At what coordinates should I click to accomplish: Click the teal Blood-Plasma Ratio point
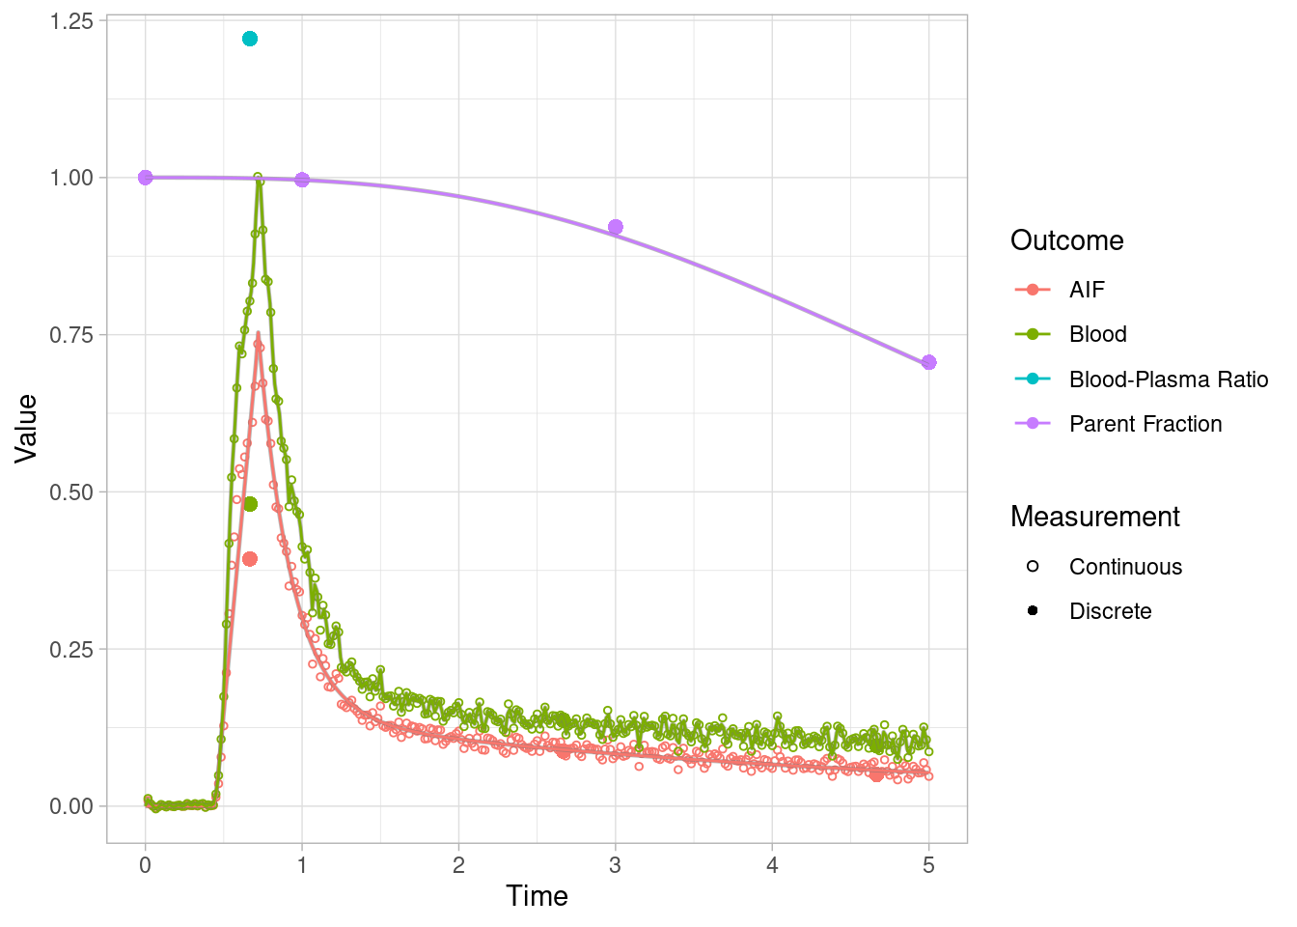pyautogui.click(x=250, y=39)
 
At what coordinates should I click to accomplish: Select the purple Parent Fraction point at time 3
pyautogui.click(x=616, y=227)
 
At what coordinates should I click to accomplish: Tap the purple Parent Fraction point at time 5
pyautogui.click(x=928, y=362)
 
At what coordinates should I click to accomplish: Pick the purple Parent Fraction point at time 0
pyautogui.click(x=146, y=178)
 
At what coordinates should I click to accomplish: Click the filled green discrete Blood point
pyautogui.click(x=250, y=504)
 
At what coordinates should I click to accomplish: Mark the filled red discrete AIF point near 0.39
pyautogui.click(x=250, y=559)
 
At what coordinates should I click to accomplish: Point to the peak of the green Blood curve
pyautogui.click(x=258, y=178)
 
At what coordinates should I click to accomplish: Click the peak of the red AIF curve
pyautogui.click(x=258, y=335)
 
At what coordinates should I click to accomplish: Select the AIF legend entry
pyautogui.click(x=1087, y=290)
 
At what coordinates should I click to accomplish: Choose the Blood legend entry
pyautogui.click(x=1097, y=334)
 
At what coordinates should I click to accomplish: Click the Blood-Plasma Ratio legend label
pyautogui.click(x=1168, y=379)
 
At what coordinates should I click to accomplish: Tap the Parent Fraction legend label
pyautogui.click(x=1145, y=424)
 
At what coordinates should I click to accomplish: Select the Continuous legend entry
pyautogui.click(x=1125, y=567)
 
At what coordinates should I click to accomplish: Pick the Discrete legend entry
pyautogui.click(x=1110, y=611)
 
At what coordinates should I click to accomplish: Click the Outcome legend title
pyautogui.click(x=1066, y=240)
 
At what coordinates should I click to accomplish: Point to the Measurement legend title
pyautogui.click(x=1094, y=517)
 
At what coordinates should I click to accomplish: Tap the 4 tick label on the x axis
pyautogui.click(x=772, y=865)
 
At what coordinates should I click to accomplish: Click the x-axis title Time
pyautogui.click(x=537, y=896)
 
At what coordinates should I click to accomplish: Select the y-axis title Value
pyautogui.click(x=26, y=428)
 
